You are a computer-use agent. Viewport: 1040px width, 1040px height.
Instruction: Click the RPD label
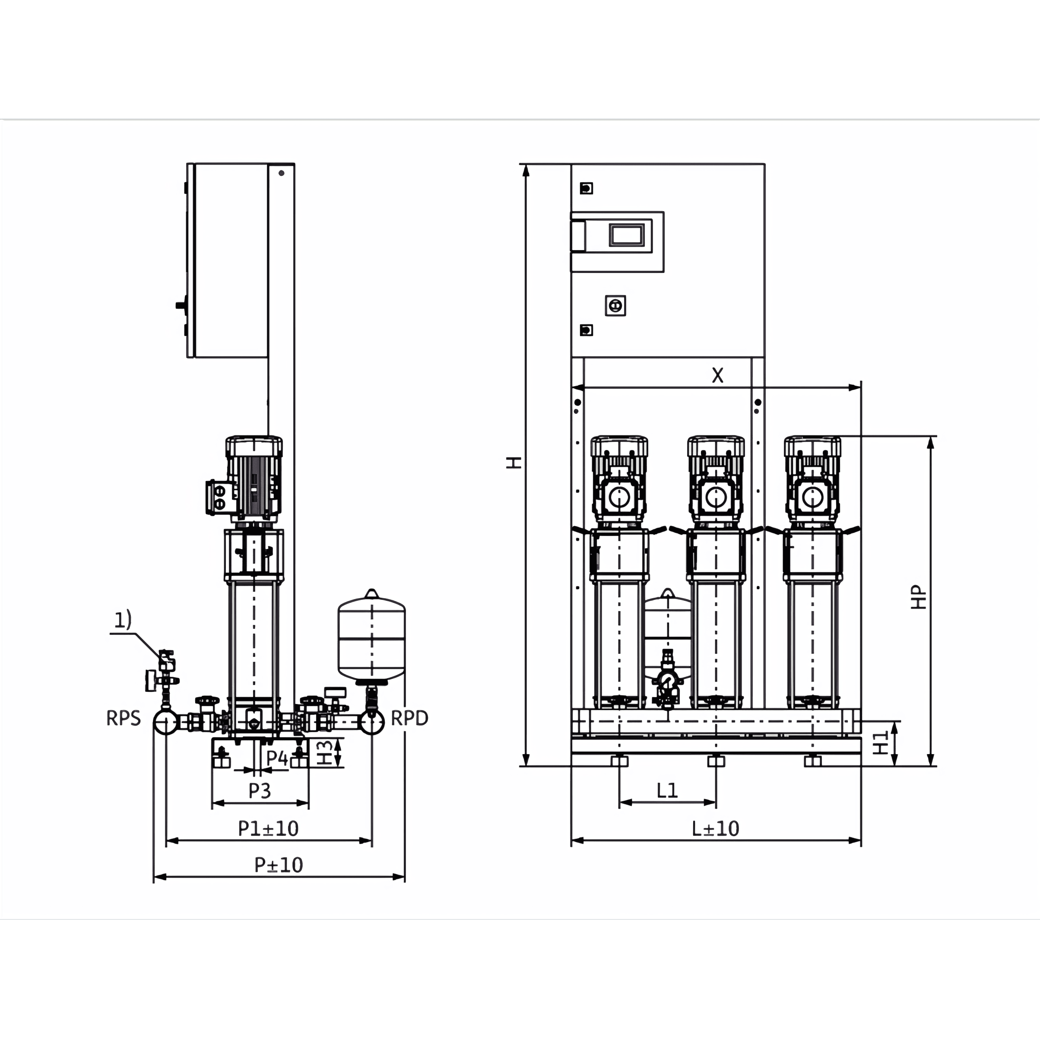click(409, 718)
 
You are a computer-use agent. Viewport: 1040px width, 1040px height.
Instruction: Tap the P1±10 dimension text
click(268, 828)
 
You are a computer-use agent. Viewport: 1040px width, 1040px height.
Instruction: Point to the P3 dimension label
click(260, 791)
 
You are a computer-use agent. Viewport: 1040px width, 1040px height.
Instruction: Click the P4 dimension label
click(277, 758)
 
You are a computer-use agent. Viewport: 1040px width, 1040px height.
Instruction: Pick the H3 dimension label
click(324, 752)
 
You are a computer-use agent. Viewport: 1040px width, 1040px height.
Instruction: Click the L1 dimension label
click(667, 790)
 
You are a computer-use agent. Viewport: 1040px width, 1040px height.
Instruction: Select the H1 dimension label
click(881, 743)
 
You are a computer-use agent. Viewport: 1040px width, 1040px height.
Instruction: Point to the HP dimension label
click(919, 597)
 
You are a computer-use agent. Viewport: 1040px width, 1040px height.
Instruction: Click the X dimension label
click(717, 375)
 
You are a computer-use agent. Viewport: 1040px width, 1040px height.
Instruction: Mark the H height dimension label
click(514, 463)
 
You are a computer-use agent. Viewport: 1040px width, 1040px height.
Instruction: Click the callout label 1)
click(123, 620)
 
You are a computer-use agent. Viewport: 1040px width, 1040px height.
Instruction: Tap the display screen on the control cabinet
click(627, 235)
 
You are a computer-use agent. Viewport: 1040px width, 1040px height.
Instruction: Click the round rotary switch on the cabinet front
click(615, 306)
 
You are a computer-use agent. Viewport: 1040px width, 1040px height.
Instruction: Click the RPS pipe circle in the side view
click(166, 722)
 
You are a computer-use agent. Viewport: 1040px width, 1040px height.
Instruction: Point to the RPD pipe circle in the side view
click(371, 722)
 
